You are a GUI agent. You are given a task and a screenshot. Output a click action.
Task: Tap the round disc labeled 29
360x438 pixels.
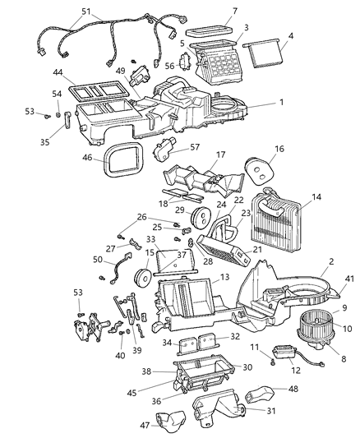[x=198, y=217]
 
